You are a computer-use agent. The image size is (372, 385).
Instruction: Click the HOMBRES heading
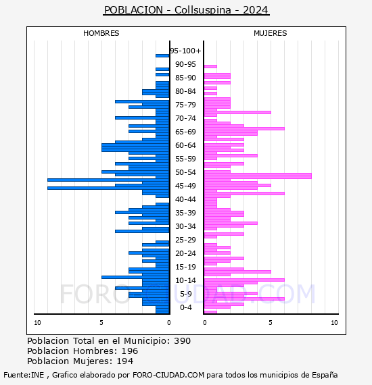pos(101,33)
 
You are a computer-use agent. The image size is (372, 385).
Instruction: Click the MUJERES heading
pos(271,33)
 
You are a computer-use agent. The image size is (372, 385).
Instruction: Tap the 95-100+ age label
pos(185,51)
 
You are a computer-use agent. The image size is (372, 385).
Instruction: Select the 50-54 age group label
pos(185,172)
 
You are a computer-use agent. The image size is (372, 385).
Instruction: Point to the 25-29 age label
pos(185,240)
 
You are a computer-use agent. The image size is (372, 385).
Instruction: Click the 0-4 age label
pos(186,307)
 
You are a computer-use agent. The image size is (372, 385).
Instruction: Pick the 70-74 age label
pos(185,118)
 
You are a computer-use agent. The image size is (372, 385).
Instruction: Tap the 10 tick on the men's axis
pos(37,323)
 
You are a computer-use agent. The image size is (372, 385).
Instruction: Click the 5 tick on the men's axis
pos(101,323)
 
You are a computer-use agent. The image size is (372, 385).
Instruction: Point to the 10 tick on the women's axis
pos(334,323)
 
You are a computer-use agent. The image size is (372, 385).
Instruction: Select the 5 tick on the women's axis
pos(271,323)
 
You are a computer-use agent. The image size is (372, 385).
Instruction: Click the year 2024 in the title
pos(256,10)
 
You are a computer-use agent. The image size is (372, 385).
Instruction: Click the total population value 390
pos(182,341)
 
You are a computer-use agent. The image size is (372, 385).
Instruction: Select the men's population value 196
pos(130,351)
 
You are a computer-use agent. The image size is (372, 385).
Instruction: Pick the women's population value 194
pos(125,361)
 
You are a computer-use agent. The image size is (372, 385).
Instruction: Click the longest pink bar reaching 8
pos(258,176)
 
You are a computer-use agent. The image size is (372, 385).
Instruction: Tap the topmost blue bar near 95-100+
pos(162,56)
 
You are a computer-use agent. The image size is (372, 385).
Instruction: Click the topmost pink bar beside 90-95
pos(210,67)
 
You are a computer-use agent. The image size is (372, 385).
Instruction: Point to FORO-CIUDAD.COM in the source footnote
pos(168,375)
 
